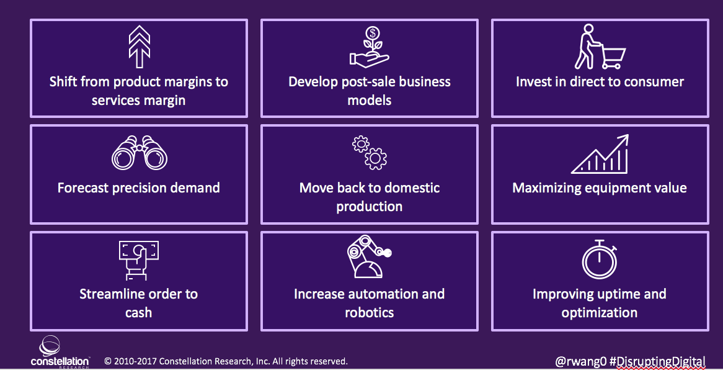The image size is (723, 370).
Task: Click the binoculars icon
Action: click(140, 153)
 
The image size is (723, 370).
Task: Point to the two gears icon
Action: click(370, 153)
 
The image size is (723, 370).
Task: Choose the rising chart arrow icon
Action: click(600, 154)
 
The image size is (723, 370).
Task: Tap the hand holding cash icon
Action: click(138, 260)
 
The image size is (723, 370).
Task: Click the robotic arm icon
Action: click(369, 256)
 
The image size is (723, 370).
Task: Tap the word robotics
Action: click(370, 313)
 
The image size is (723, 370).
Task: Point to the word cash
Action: click(138, 313)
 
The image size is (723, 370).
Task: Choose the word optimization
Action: click(600, 313)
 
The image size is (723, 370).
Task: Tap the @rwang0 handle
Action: click(580, 361)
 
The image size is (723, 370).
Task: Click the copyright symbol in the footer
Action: click(108, 361)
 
